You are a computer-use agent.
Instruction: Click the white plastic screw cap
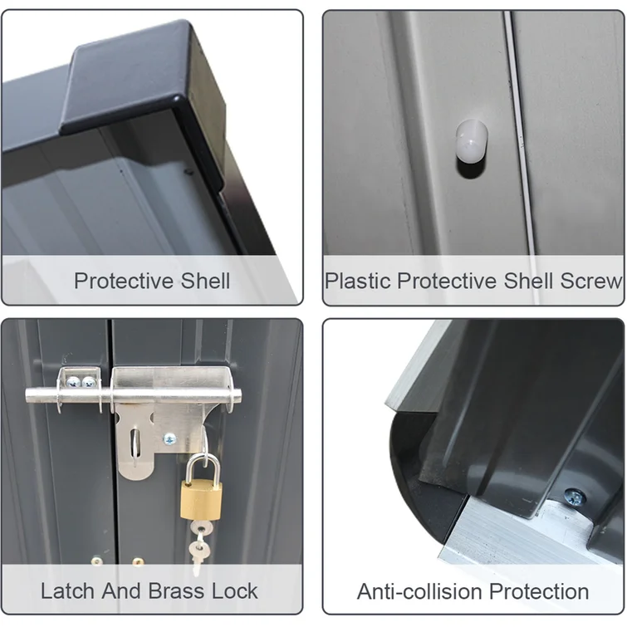tap(472, 140)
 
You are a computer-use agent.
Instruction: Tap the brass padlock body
tap(201, 501)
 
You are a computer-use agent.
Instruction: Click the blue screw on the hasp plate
tap(170, 439)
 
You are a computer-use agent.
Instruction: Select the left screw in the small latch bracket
tap(74, 383)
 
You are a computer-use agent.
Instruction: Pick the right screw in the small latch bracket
tap(88, 383)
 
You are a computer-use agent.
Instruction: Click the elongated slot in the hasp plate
tap(135, 444)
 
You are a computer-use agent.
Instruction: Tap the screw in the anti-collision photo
tap(575, 497)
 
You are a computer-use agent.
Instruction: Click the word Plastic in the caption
tap(358, 281)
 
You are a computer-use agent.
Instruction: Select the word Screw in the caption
tap(590, 281)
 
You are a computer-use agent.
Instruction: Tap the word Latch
tap(67, 591)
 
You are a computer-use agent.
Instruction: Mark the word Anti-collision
tap(419, 591)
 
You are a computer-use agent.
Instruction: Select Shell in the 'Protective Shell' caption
tap(205, 281)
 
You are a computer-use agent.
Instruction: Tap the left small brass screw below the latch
tap(96, 561)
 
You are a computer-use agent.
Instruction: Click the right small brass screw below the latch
tap(138, 561)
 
